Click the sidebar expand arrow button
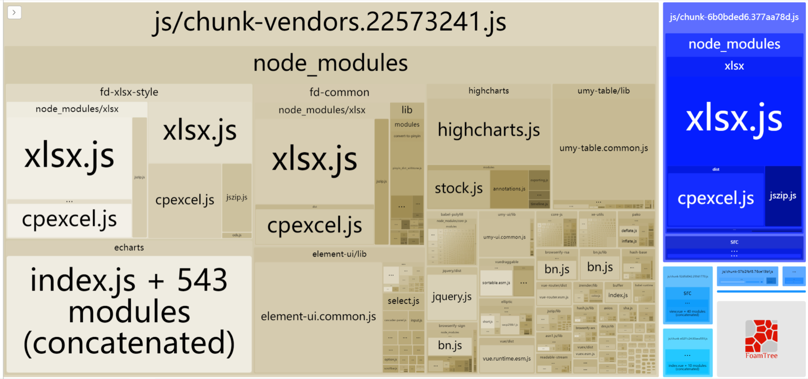(x=14, y=13)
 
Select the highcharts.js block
(x=489, y=130)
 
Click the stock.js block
(x=458, y=188)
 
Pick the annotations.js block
(x=509, y=189)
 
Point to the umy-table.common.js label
(x=604, y=148)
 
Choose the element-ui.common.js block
(x=318, y=317)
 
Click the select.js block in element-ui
(x=403, y=301)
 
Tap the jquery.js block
(x=451, y=297)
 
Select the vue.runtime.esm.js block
(x=506, y=359)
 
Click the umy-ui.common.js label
(x=504, y=237)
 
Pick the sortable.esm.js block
(x=496, y=283)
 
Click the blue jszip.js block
(x=783, y=196)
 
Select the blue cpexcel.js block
(x=715, y=198)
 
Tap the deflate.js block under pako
(x=629, y=230)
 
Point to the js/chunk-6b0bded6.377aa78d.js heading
(x=734, y=17)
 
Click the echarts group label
(x=129, y=248)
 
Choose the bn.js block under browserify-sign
(x=450, y=346)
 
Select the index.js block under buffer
(x=618, y=295)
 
